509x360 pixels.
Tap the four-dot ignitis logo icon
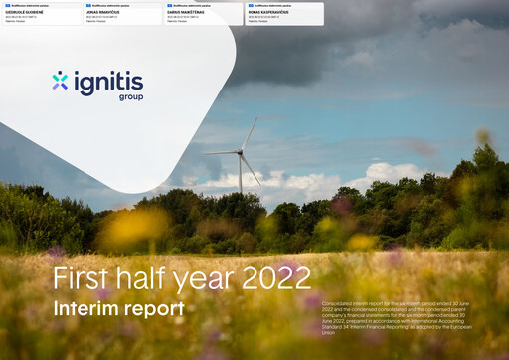[x=60, y=80]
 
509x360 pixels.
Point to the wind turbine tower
[x=241, y=174]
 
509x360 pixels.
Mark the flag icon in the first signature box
[x=7, y=6]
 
